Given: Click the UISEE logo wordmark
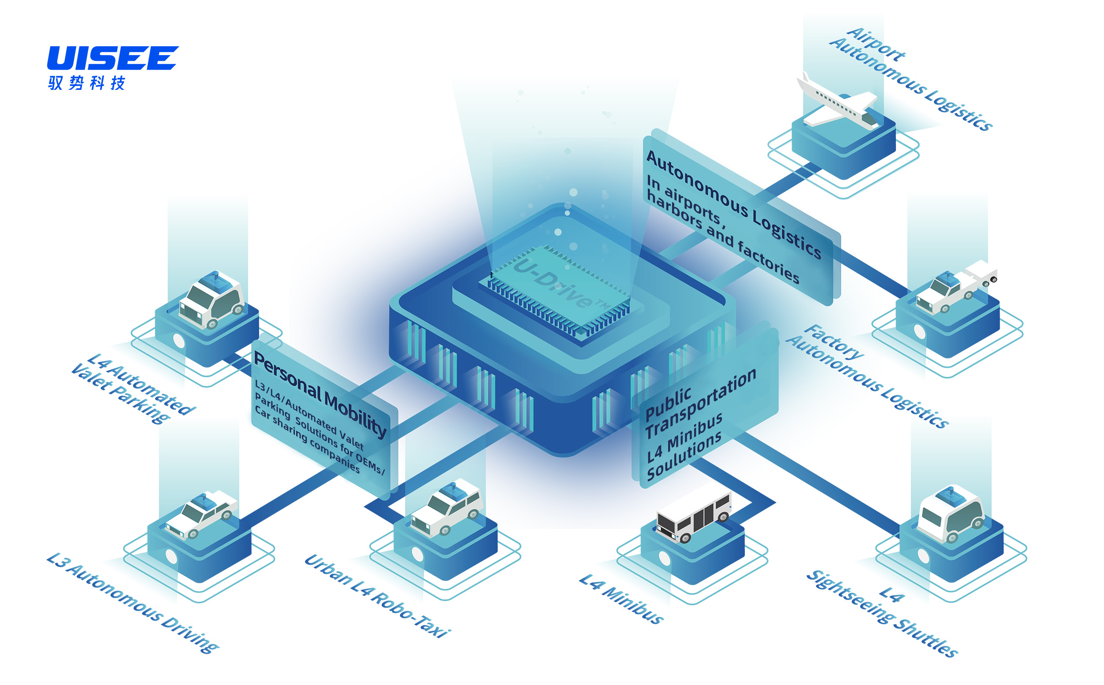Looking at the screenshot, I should tap(112, 58).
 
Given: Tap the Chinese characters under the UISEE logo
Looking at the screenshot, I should tap(86, 83).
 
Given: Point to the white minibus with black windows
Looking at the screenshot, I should tap(693, 516).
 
